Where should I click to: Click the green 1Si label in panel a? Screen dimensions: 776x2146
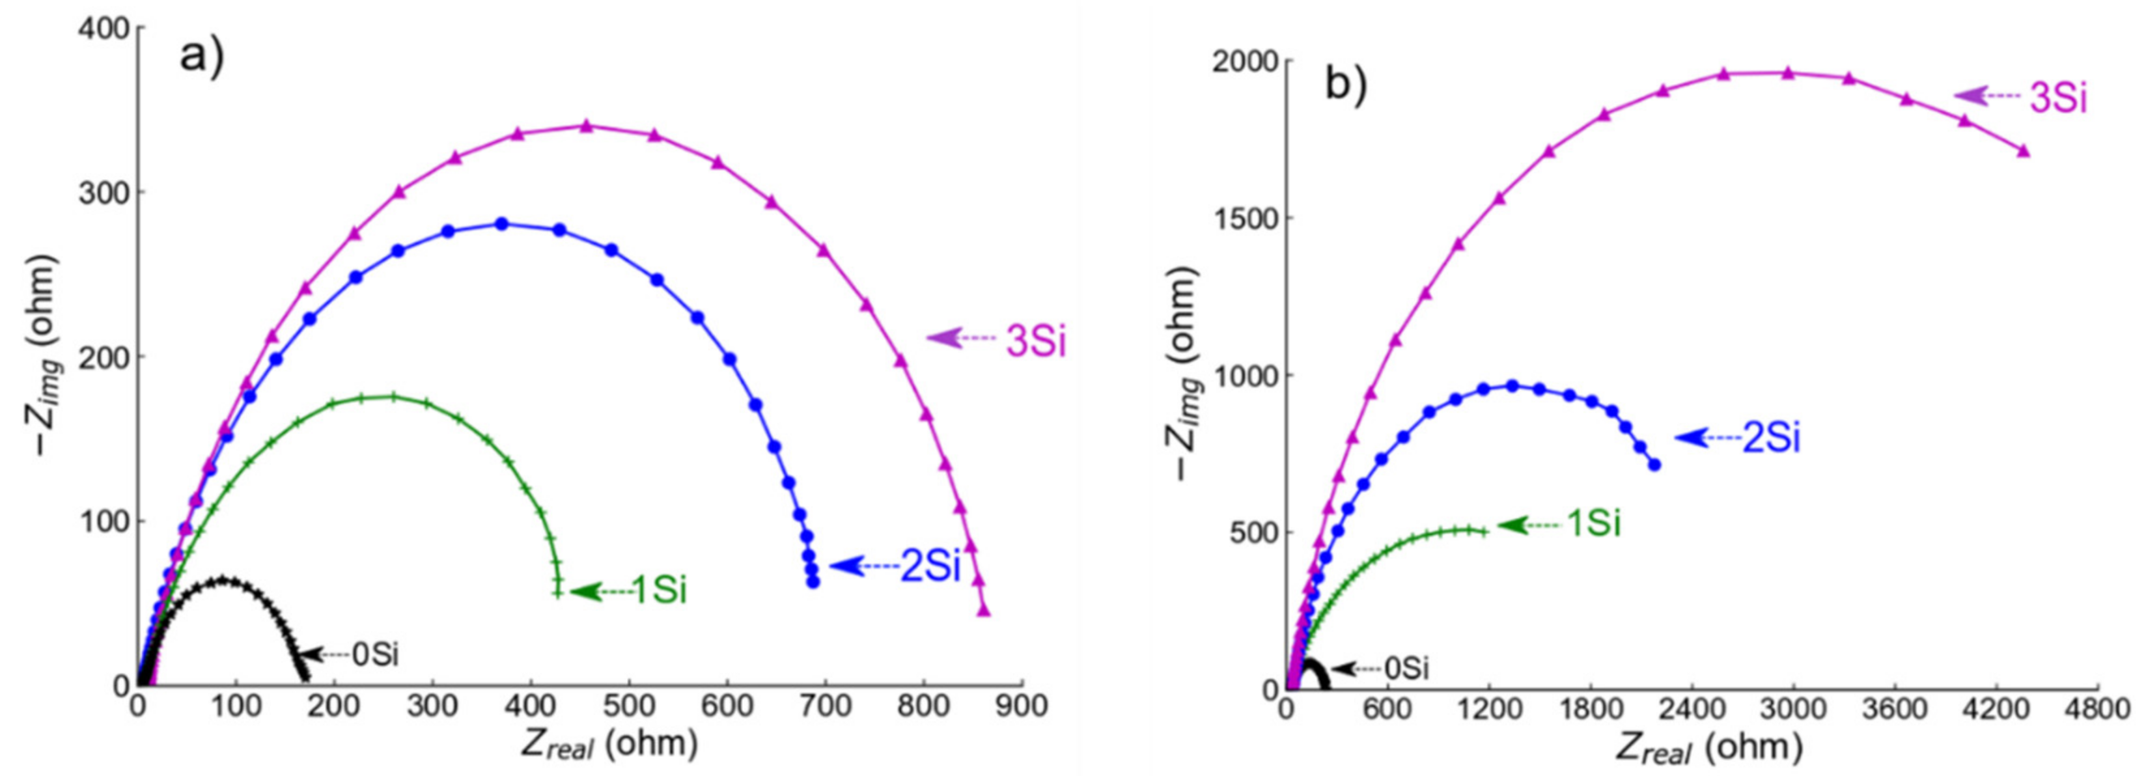tap(659, 591)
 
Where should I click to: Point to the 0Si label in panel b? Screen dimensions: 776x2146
tap(1406, 669)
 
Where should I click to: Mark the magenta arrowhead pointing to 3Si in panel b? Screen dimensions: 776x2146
tap(1968, 96)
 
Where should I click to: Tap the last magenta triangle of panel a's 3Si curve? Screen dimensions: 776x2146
tap(984, 611)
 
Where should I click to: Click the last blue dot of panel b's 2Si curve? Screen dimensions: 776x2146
tap(1654, 465)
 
